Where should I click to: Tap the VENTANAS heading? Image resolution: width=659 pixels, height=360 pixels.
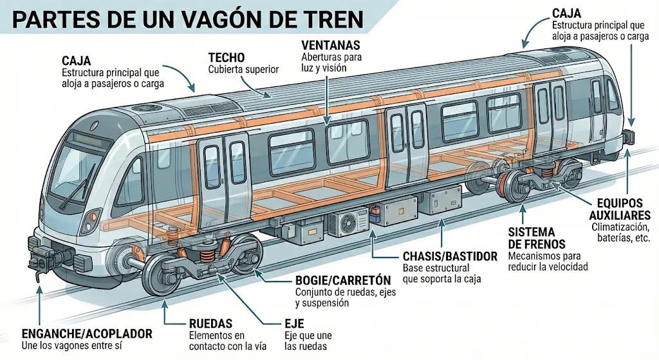(331, 45)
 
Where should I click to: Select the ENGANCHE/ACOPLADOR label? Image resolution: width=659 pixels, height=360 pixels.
(87, 334)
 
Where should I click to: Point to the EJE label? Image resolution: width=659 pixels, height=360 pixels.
(293, 324)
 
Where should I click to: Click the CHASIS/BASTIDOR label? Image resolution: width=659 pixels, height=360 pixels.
(450, 256)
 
